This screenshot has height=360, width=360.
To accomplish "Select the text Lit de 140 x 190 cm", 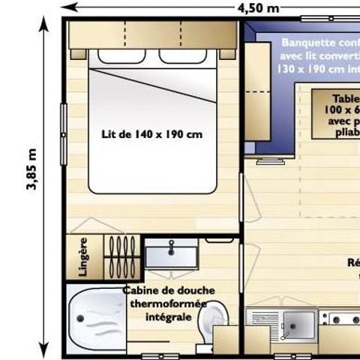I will (152, 135).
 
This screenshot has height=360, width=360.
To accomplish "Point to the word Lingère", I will (83, 257).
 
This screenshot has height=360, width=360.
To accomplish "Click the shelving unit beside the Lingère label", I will (120, 257).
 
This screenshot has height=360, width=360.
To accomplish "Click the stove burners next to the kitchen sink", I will (341, 320).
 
